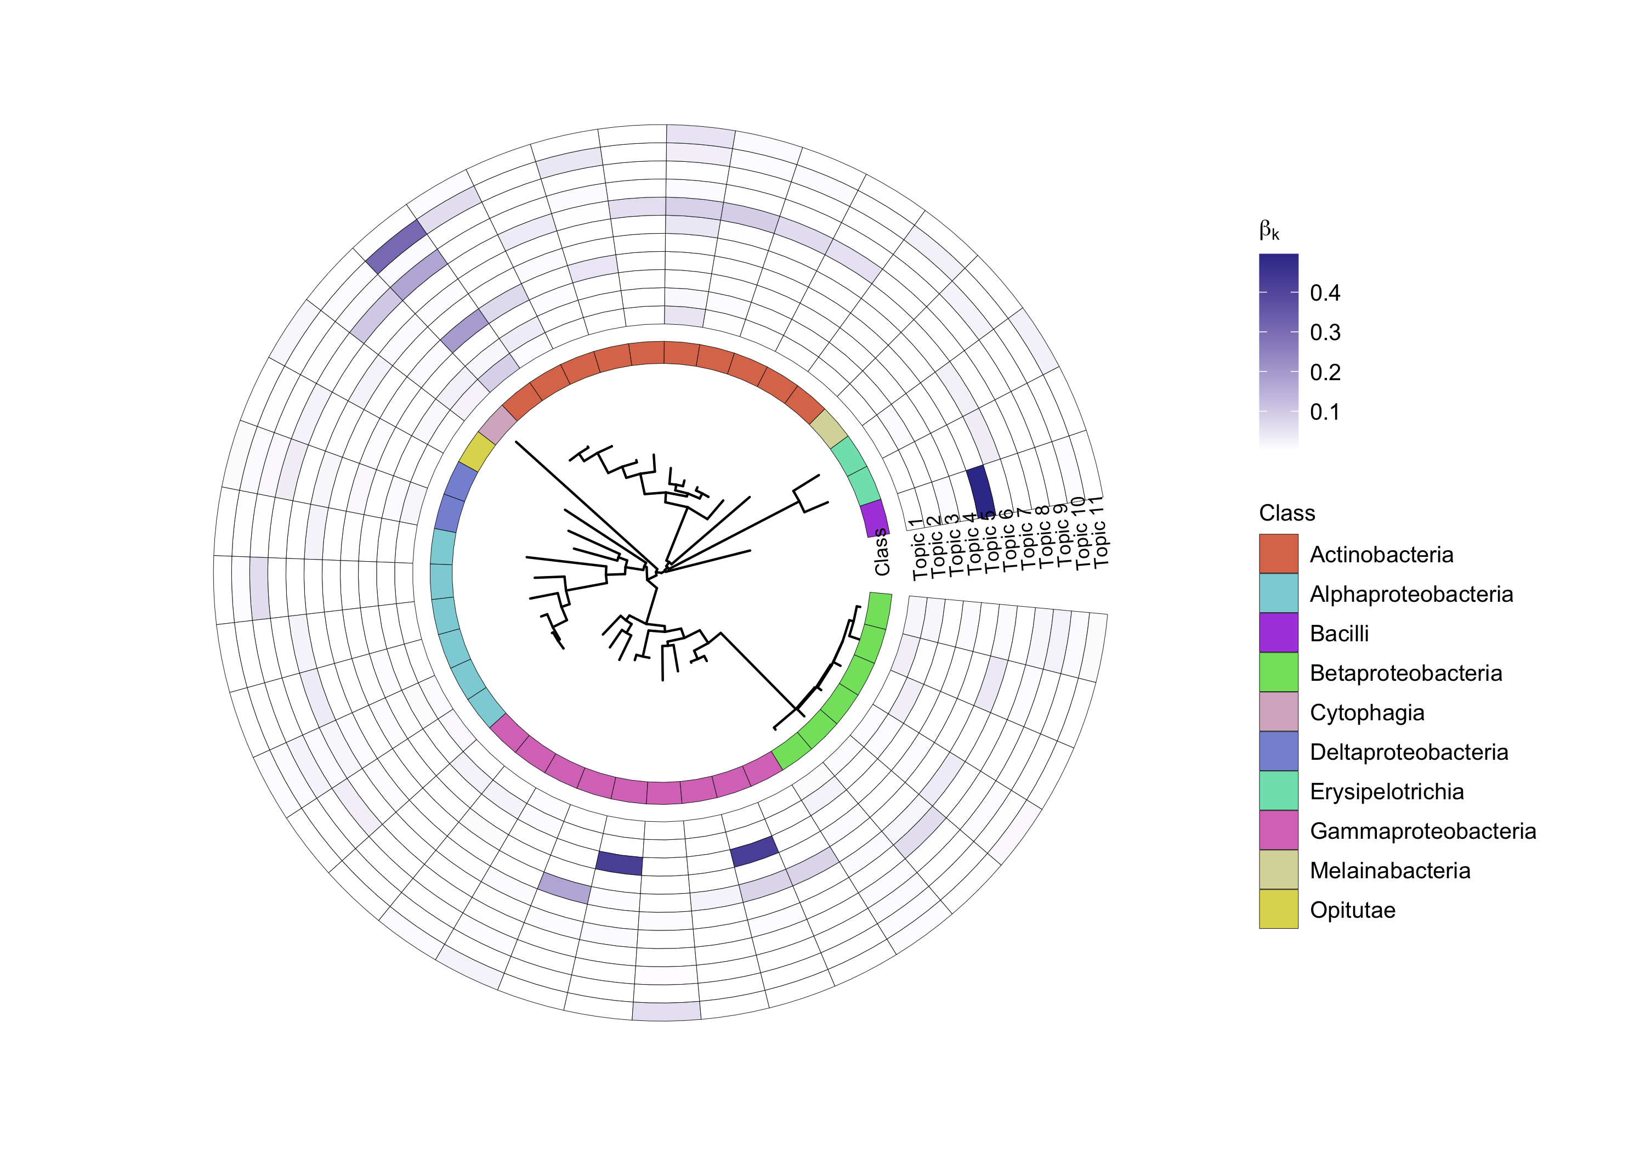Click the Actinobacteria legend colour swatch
click(x=1278, y=554)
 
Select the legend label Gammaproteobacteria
click(x=1422, y=831)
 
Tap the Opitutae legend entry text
click(x=1352, y=910)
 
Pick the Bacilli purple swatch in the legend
click(x=1278, y=633)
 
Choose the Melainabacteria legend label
click(x=1389, y=870)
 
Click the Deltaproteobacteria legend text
click(x=1409, y=752)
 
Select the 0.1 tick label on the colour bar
click(x=1325, y=412)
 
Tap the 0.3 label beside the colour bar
click(x=1325, y=332)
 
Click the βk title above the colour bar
click(x=1269, y=231)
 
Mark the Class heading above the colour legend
click(x=1287, y=513)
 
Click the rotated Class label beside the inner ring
click(x=882, y=553)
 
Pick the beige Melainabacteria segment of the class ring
click(x=829, y=428)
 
